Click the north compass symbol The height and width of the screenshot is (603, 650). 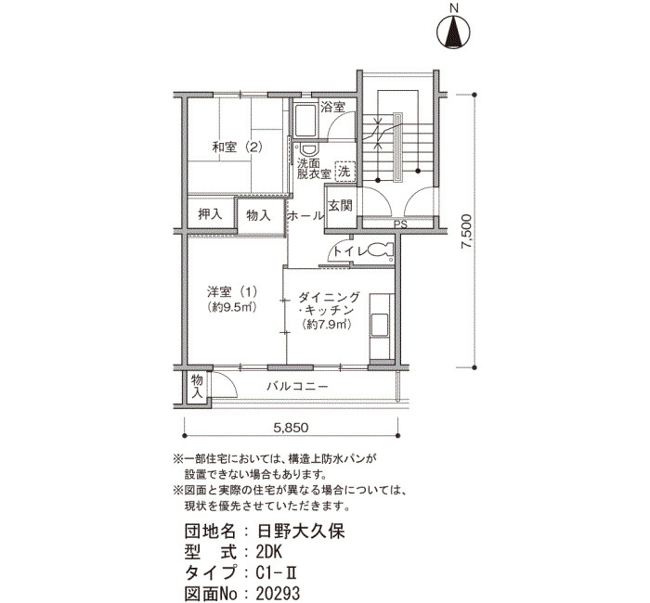pyautogui.click(x=454, y=32)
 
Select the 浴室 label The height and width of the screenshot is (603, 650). pyautogui.click(x=332, y=108)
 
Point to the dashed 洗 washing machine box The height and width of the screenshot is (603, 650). pyautogui.click(x=344, y=171)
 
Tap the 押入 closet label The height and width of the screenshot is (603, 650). pyautogui.click(x=210, y=214)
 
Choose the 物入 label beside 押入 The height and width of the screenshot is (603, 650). pyautogui.click(x=259, y=215)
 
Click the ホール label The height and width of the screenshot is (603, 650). pyautogui.click(x=305, y=215)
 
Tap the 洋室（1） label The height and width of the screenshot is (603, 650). pyautogui.click(x=232, y=290)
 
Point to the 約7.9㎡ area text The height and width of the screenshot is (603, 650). pyautogui.click(x=326, y=325)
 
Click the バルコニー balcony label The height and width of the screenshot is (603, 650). pyautogui.click(x=297, y=385)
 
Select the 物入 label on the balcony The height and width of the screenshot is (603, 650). pyautogui.click(x=197, y=386)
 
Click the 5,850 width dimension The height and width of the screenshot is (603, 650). pyautogui.click(x=291, y=429)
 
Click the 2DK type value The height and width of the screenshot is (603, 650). pyautogui.click(x=255, y=551)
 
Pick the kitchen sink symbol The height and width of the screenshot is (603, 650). pyautogui.click(x=381, y=324)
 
